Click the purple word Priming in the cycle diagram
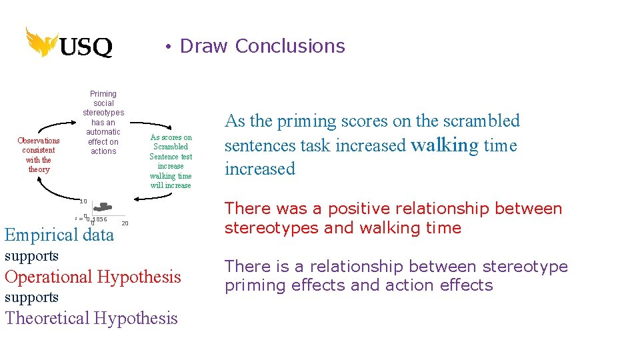[103, 94]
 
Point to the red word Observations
[39, 141]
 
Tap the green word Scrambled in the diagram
[171, 147]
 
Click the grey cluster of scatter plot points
[103, 207]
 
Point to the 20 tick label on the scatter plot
[125, 223]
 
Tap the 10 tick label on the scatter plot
[83, 201]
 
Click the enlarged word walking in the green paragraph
[445, 145]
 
